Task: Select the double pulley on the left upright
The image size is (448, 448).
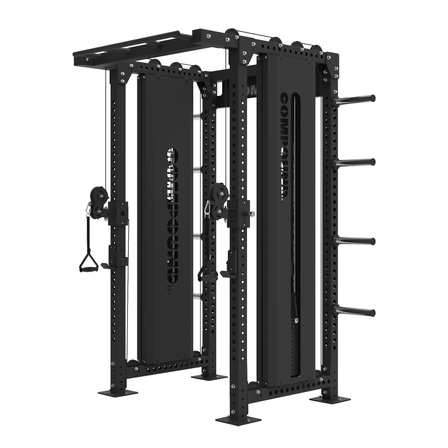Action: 98,203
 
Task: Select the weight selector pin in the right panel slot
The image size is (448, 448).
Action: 296,319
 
